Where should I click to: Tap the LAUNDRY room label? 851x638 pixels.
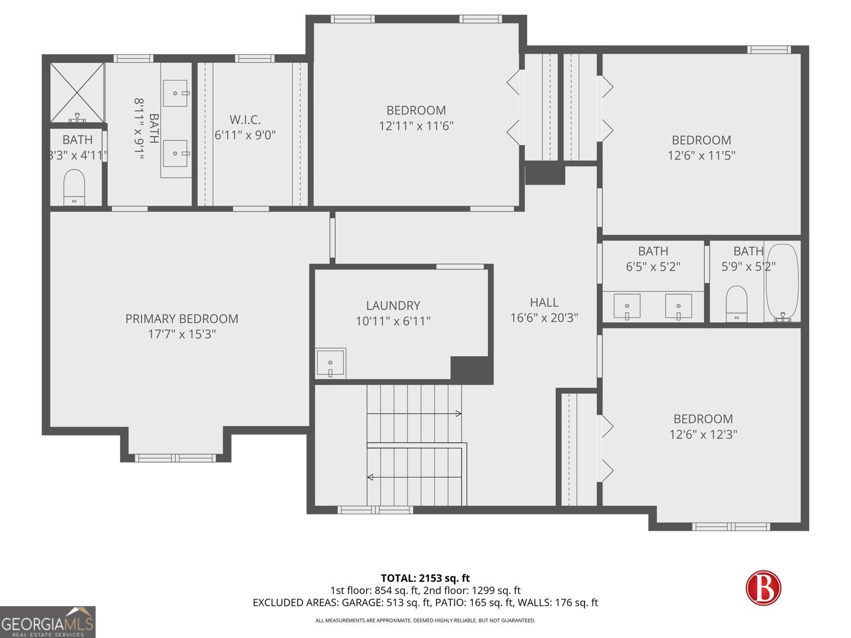tap(393, 306)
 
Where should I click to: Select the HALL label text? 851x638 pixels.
tap(544, 302)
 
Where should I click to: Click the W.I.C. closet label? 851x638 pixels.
tap(245, 120)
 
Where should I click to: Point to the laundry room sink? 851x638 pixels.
tap(330, 363)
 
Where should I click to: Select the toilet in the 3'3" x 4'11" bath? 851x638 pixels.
tap(73, 187)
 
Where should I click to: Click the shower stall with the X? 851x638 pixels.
tap(77, 93)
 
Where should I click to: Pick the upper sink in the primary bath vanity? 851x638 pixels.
tap(175, 94)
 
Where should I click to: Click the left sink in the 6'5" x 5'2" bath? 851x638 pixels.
tap(627, 306)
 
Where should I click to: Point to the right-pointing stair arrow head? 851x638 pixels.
tap(458, 413)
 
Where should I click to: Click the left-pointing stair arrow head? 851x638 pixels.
tap(370, 477)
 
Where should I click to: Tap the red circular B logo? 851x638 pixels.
tap(763, 588)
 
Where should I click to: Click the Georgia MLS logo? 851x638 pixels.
tap(48, 622)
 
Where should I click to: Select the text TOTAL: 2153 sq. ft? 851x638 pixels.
tap(425, 578)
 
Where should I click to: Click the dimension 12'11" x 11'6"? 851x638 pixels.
tap(416, 126)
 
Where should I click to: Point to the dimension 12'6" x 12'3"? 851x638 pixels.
tap(703, 434)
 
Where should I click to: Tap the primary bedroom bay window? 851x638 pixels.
tap(176, 458)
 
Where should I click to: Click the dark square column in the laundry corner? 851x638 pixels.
tap(470, 368)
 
